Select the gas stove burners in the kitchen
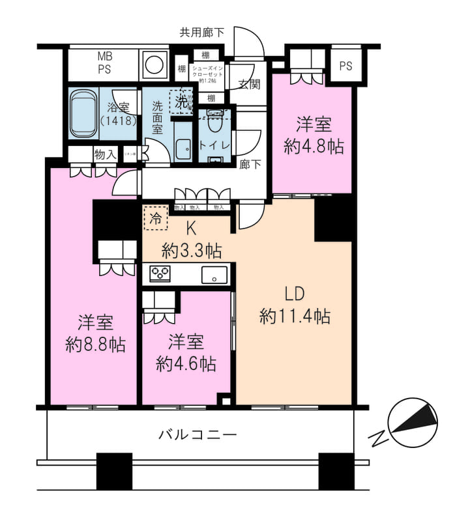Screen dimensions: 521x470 pyautogui.click(x=160, y=274)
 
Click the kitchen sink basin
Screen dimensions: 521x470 pyautogui.click(x=214, y=275)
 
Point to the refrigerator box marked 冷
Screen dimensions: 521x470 pyautogui.click(x=155, y=218)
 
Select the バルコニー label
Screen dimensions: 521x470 pyautogui.click(x=198, y=434)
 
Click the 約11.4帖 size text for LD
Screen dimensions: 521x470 pyautogui.click(x=294, y=317)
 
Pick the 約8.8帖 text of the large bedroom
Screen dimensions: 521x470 pyautogui.click(x=95, y=345)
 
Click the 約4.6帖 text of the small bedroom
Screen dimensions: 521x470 pyautogui.click(x=186, y=363)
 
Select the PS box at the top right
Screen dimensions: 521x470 pyautogui.click(x=345, y=66)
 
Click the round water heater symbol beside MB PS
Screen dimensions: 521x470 pyautogui.click(x=154, y=64)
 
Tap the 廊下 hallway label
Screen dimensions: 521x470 pyautogui.click(x=250, y=165)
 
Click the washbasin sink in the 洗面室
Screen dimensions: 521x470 pyautogui.click(x=183, y=150)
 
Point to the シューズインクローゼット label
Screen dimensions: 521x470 pyautogui.click(x=207, y=73)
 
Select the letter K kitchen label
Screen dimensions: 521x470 pyautogui.click(x=191, y=228)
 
